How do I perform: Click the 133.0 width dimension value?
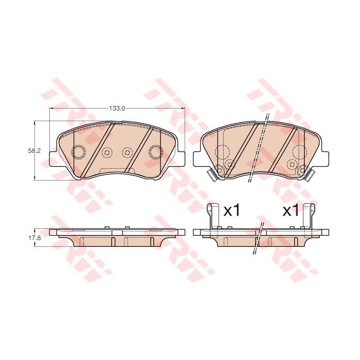pyautogui.click(x=117, y=109)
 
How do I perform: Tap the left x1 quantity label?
pyautogui.click(x=232, y=210)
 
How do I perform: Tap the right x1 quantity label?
pyautogui.click(x=291, y=210)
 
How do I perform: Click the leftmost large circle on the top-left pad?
pyautogui.click(x=78, y=152)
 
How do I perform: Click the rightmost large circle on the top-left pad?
pyautogui.click(x=155, y=152)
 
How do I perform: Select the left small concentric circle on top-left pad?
pyautogui.click(x=107, y=152)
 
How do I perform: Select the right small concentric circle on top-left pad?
pyautogui.click(x=127, y=152)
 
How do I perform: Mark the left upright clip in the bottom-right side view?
pyautogui.click(x=209, y=216)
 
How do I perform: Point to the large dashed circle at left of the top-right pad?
pyautogui.click(x=223, y=152)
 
